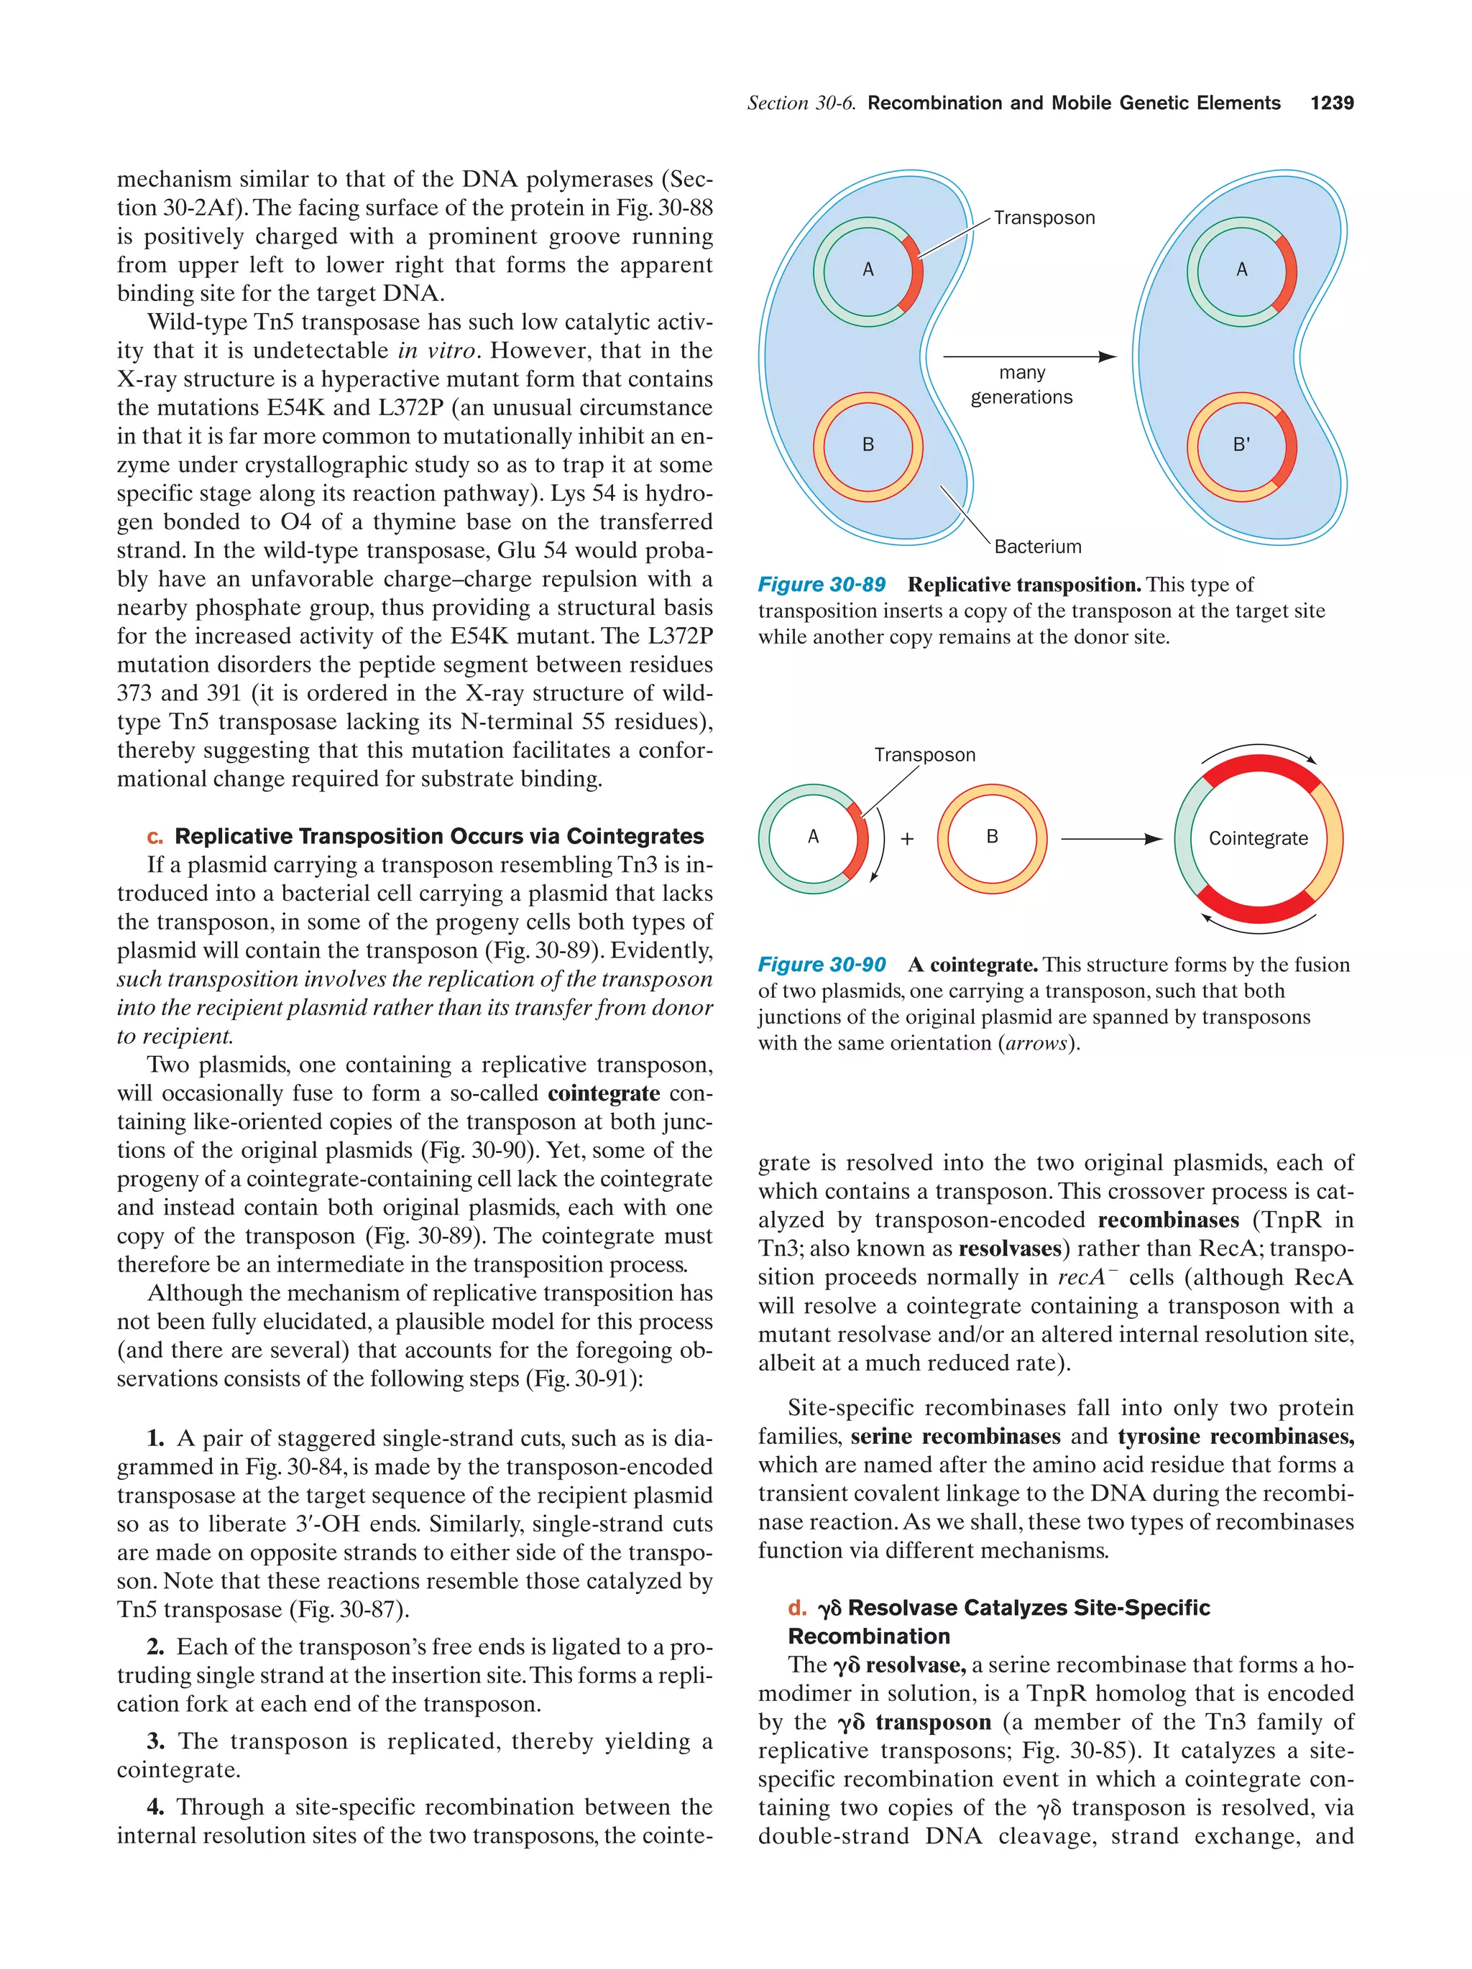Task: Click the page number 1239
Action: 1331,103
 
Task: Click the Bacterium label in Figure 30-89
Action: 1037,547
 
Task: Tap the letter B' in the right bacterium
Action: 1241,444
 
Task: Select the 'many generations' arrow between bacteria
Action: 1029,357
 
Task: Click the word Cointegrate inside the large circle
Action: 1257,838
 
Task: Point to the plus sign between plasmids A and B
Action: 906,838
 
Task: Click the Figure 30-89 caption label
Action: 821,585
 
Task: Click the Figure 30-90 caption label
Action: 821,965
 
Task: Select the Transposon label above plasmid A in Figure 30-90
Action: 924,755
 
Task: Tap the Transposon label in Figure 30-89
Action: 1044,218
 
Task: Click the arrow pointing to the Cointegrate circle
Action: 1111,838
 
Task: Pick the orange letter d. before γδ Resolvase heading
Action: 797,1608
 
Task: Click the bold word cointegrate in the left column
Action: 603,1093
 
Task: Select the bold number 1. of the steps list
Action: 155,1438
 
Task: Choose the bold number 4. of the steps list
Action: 155,1807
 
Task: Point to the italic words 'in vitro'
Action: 432,351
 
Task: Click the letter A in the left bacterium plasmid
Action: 868,269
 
